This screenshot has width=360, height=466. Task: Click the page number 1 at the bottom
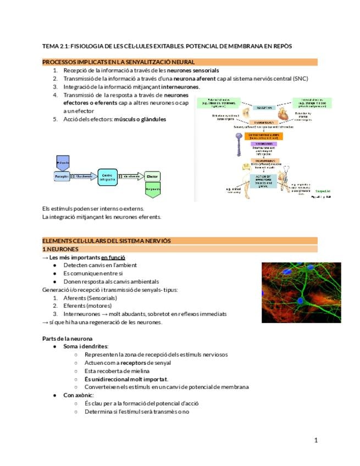pyautogui.click(x=316, y=440)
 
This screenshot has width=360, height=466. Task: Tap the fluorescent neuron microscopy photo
pyautogui.click(x=301, y=292)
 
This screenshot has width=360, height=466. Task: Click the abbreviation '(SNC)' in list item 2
pyautogui.click(x=300, y=79)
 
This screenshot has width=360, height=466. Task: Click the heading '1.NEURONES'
pyautogui.click(x=60, y=249)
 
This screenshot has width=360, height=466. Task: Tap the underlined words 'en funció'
pyautogui.click(x=113, y=257)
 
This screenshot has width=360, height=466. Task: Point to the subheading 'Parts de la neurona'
pyautogui.click(x=67, y=339)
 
